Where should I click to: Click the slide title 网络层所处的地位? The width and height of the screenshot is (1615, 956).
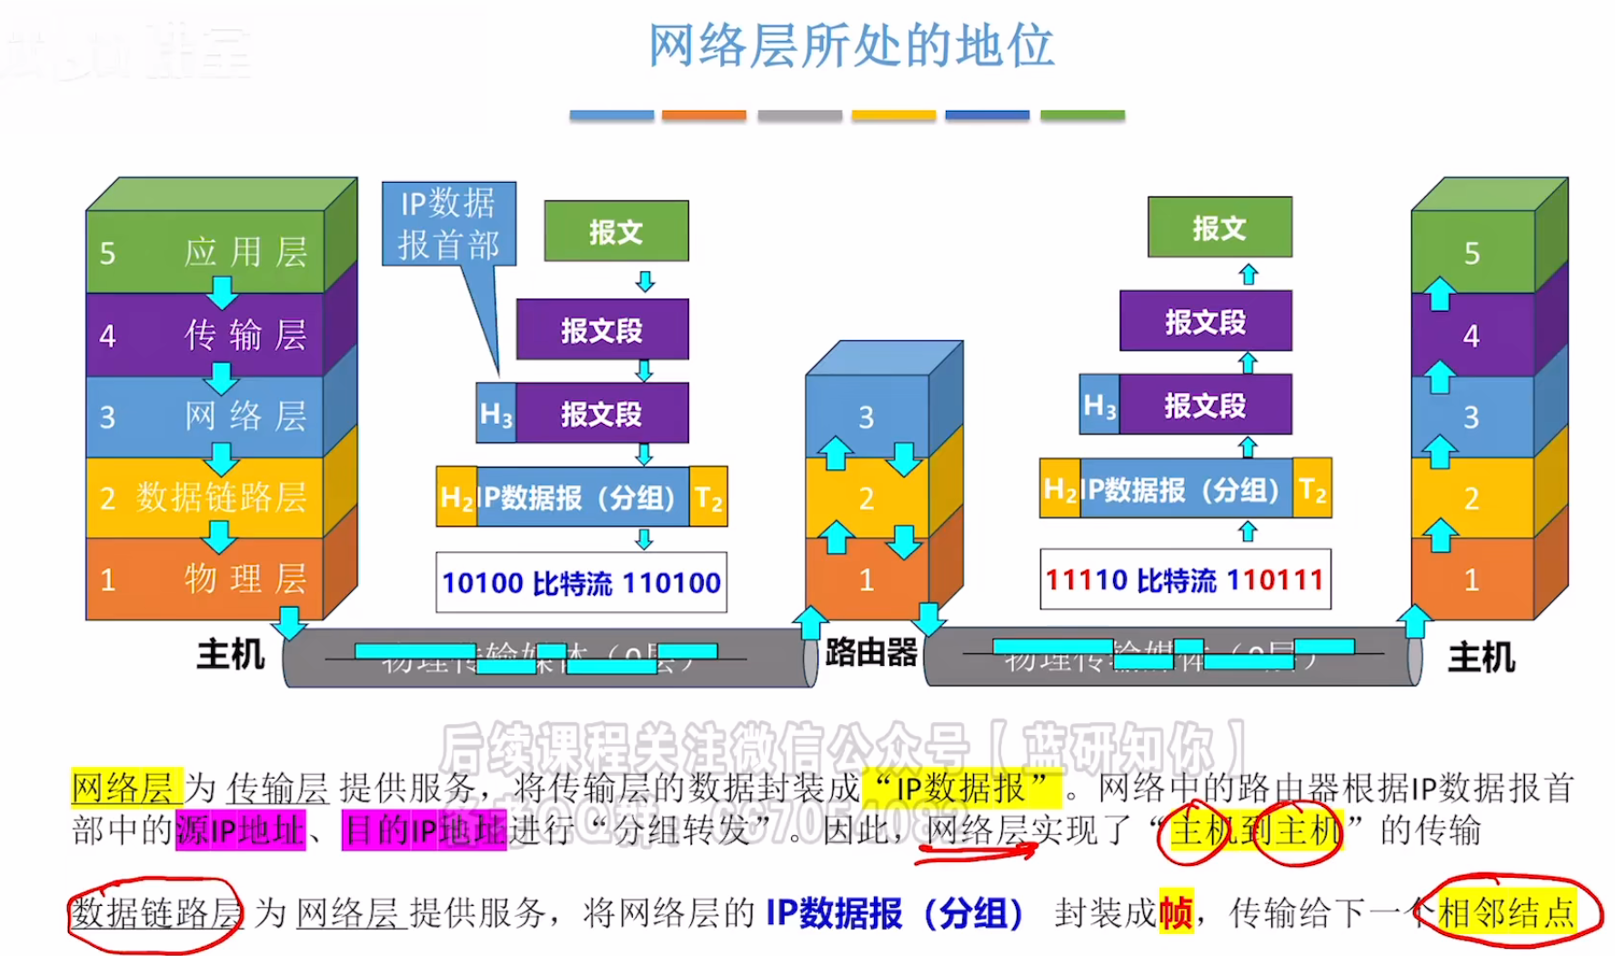tap(850, 45)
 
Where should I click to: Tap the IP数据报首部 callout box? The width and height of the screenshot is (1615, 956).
tap(448, 224)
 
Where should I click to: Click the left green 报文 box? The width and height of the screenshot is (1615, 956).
tap(616, 231)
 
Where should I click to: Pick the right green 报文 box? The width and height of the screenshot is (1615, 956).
tap(1219, 227)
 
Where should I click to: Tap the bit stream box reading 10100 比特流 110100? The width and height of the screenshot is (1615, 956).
tap(581, 582)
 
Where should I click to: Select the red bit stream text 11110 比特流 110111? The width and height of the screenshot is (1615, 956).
tap(1185, 579)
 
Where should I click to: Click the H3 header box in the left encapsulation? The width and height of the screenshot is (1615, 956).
tap(497, 414)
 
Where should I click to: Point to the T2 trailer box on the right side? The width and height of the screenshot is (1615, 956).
tap(1312, 489)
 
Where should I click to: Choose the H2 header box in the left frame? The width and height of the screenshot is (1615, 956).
tap(456, 498)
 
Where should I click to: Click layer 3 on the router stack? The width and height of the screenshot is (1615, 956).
tap(867, 417)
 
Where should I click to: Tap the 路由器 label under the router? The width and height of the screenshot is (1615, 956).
tap(871, 652)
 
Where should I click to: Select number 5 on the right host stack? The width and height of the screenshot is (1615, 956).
tap(1472, 253)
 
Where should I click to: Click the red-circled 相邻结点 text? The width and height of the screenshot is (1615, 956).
tap(1507, 912)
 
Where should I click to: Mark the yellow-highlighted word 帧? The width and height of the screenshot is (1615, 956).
tap(1176, 912)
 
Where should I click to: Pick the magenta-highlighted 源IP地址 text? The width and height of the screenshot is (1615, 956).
tap(240, 830)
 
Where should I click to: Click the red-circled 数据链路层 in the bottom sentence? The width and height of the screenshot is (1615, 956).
tap(156, 912)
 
